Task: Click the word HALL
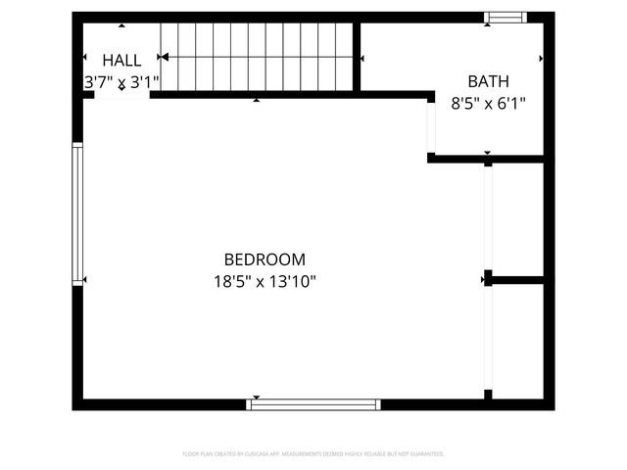121,60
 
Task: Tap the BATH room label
487,81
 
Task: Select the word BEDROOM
265,259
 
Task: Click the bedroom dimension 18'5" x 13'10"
265,282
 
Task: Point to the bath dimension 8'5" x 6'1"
487,103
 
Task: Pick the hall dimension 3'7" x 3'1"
121,82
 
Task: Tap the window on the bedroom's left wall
77,212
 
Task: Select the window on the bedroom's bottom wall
313,403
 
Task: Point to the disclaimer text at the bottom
313,454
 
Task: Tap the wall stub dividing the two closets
514,280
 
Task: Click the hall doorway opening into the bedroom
117,95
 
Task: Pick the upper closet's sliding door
487,217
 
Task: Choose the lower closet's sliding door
487,338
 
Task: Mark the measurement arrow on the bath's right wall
541,59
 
